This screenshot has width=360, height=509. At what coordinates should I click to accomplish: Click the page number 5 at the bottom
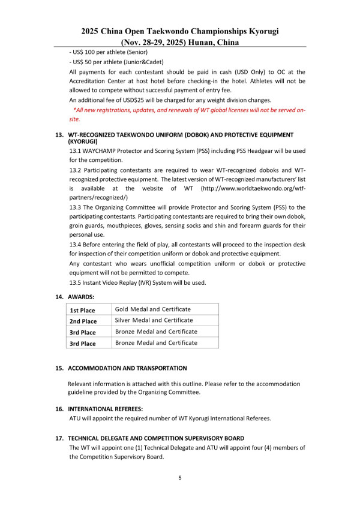180,478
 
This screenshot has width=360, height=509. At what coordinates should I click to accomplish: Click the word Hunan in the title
201,43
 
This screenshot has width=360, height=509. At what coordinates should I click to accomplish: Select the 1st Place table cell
82,310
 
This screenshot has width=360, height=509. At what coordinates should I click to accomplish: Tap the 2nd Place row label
83,321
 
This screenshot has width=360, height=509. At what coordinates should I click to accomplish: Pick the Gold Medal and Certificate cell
153,309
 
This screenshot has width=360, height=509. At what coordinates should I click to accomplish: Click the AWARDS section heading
81,296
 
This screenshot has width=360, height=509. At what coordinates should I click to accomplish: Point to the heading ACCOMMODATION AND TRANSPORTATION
127,368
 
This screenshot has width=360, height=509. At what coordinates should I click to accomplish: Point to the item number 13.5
76,282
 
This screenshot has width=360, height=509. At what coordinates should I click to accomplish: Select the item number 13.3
77,207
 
